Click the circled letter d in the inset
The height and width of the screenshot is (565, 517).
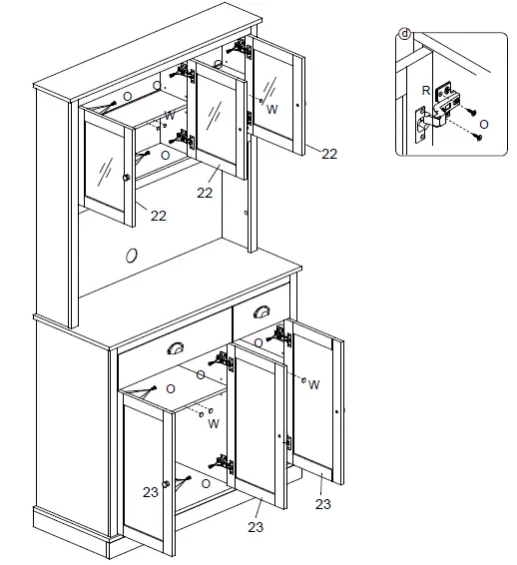(x=405, y=34)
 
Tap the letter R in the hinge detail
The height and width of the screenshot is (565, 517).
(x=426, y=90)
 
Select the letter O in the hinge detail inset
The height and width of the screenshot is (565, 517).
(x=484, y=123)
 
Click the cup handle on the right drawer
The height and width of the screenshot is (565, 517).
(x=263, y=312)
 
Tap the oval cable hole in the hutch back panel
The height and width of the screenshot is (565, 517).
(x=131, y=256)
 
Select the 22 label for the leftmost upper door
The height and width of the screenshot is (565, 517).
(x=158, y=216)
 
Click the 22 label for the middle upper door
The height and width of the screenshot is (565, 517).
(x=206, y=193)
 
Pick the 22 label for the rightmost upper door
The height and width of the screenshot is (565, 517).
(x=328, y=154)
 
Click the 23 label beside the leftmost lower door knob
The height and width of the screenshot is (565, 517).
(x=150, y=491)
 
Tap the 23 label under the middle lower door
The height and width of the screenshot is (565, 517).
(x=256, y=527)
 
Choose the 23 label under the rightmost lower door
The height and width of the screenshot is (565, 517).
(x=322, y=504)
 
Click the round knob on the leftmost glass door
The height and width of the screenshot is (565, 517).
(x=126, y=177)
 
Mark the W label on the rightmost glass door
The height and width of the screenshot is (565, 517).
(x=272, y=108)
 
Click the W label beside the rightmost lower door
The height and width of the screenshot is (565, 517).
(x=313, y=384)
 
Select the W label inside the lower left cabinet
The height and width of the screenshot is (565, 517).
(x=214, y=423)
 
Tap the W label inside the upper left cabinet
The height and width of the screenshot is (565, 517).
(x=171, y=116)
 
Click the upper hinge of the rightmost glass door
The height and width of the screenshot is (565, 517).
(x=240, y=47)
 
